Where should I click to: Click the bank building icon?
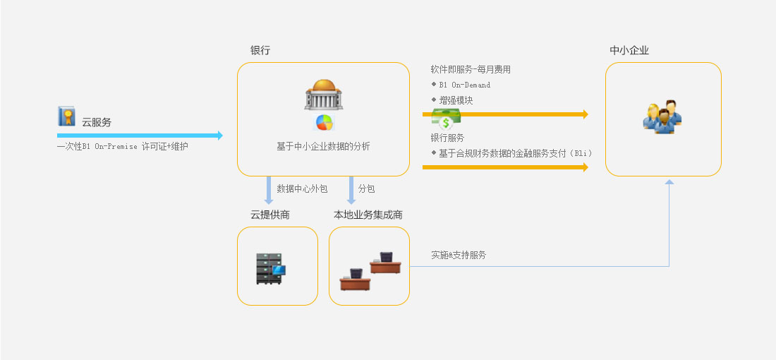(323, 94)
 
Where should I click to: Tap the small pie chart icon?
(324, 122)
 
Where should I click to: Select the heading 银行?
(260, 51)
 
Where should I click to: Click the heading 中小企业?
(629, 51)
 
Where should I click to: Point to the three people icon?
(662, 116)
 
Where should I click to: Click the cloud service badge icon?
(66, 116)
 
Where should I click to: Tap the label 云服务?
(97, 122)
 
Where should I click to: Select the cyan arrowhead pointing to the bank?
(219, 136)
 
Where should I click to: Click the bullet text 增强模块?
(456, 100)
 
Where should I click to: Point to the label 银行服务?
(447, 138)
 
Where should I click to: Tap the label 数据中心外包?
(302, 189)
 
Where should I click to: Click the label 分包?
(366, 189)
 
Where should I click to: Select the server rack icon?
(270, 268)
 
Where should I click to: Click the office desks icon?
(370, 270)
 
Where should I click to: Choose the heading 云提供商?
(270, 215)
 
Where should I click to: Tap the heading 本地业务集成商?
(368, 215)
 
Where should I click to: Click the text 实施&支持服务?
(459, 255)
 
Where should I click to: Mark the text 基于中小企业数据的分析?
(323, 147)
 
